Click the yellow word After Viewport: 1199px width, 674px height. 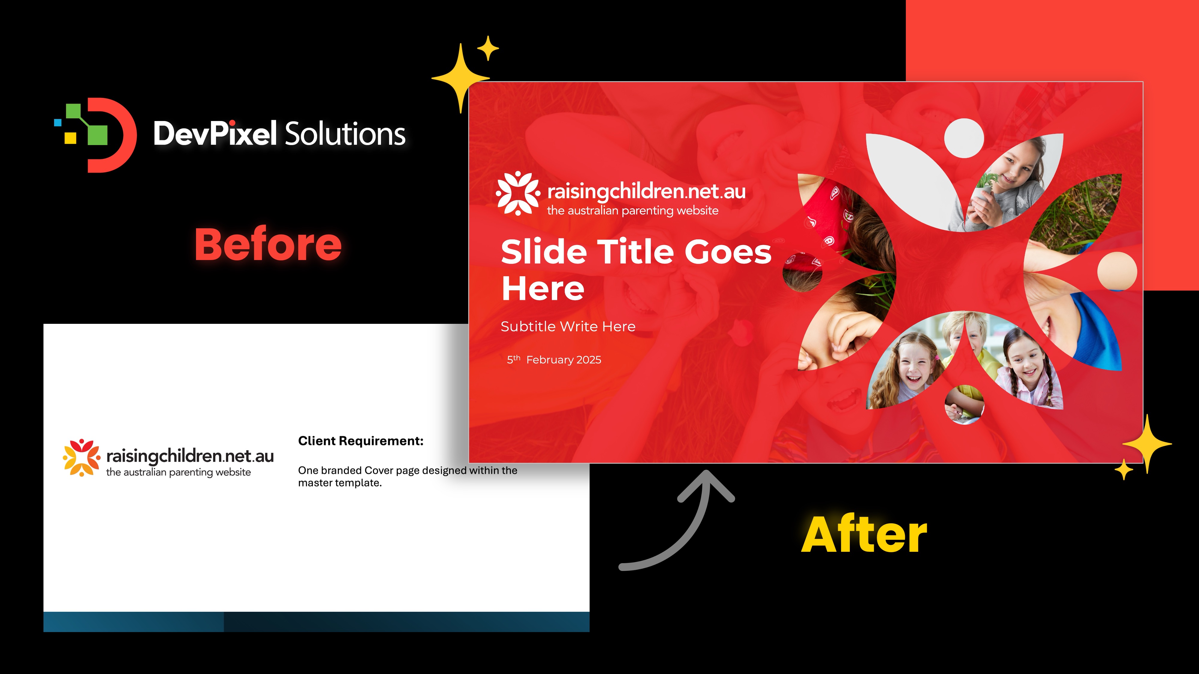click(864, 535)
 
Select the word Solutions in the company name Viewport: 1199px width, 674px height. click(344, 134)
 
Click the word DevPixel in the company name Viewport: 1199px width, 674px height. click(215, 134)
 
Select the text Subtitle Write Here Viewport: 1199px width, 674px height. click(568, 327)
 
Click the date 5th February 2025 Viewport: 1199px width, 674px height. click(554, 359)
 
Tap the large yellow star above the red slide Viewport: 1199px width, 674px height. click(461, 78)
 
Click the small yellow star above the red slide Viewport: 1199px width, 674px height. click(488, 48)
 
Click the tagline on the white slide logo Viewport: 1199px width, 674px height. click(178, 472)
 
